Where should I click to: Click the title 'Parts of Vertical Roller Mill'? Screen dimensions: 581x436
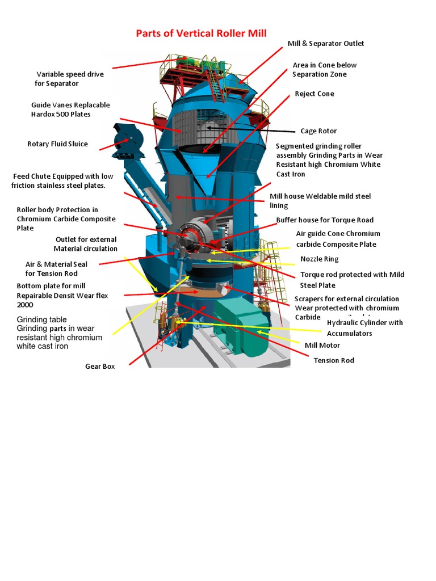[201, 33]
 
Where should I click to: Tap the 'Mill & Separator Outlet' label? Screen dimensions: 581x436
[326, 44]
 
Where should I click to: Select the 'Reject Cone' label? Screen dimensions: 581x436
[315, 94]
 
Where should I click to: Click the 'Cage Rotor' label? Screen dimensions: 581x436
[318, 131]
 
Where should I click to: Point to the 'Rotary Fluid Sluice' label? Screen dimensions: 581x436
[57, 144]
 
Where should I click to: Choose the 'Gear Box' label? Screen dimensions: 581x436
[100, 367]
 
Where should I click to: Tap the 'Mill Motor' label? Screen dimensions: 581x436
[322, 345]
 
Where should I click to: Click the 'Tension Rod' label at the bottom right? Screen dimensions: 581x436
[334, 360]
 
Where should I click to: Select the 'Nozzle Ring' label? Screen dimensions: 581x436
[320, 259]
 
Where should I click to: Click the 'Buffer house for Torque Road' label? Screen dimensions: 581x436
[325, 220]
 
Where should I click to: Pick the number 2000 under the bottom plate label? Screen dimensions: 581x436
[25, 305]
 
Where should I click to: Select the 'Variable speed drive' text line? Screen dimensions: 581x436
[70, 74]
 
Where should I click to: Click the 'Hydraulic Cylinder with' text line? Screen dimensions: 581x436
[365, 323]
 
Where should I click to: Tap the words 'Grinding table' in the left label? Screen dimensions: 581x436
[41, 319]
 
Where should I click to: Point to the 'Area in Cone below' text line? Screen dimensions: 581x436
[325, 65]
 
